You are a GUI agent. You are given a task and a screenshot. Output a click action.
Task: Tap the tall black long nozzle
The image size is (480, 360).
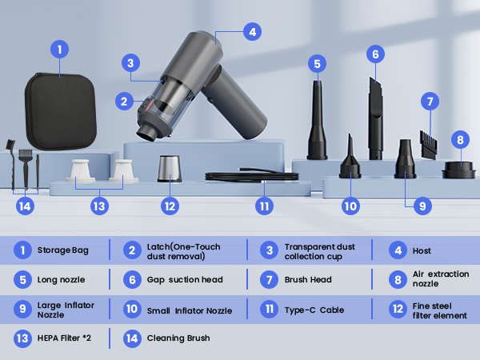[318, 120]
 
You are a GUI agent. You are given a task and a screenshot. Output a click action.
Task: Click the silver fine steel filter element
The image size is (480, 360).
[169, 170]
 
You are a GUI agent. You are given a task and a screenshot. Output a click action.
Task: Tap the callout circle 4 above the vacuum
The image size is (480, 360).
[252, 33]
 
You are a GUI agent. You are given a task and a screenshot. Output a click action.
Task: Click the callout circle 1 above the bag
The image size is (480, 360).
[58, 49]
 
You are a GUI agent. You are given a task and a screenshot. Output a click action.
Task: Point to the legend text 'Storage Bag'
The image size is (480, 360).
[63, 251]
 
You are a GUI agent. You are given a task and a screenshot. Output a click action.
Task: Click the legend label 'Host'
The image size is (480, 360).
[422, 251]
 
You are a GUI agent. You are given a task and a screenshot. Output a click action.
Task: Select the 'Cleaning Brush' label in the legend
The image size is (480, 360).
[178, 338]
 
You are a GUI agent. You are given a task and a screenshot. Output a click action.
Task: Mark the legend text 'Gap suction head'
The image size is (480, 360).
[185, 280]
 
